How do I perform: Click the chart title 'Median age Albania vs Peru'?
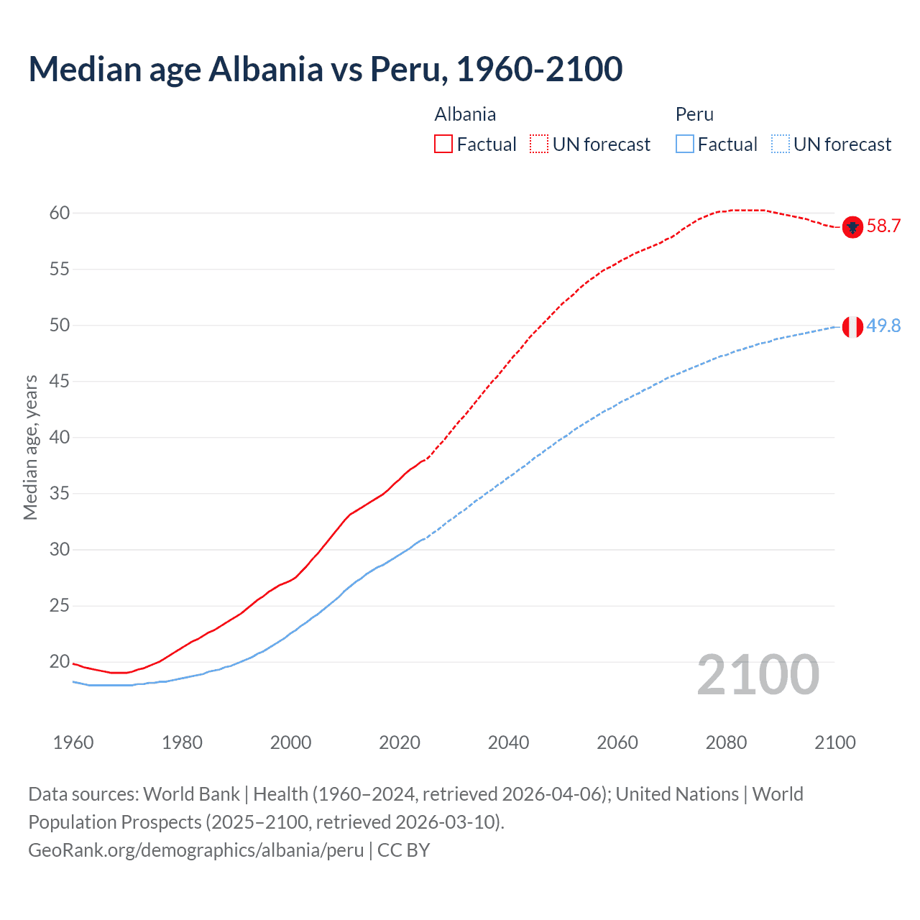(325, 69)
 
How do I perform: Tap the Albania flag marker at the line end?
(852, 227)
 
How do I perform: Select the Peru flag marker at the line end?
(852, 326)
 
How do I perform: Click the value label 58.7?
(883, 226)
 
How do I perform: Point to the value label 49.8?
(883, 326)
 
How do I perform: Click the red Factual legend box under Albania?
(443, 144)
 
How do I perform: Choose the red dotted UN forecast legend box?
(539, 144)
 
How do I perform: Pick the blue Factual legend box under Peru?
(685, 144)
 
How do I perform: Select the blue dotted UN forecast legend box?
(780, 144)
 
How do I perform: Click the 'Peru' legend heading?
(694, 114)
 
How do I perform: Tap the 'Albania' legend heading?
(465, 114)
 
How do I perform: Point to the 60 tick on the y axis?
(60, 213)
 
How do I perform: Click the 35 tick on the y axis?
(60, 494)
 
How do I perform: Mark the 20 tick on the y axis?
(60, 662)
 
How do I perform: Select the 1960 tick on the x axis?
(73, 742)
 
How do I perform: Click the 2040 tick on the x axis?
(508, 742)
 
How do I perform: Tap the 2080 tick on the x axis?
(726, 742)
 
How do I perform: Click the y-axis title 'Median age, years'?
(30, 447)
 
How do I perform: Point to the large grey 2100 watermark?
(758, 675)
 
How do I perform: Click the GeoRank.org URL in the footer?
(195, 850)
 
